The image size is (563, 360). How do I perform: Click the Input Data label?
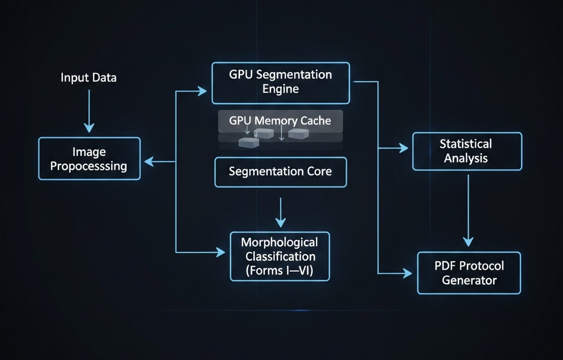tap(88, 78)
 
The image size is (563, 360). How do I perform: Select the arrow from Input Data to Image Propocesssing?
tap(88, 110)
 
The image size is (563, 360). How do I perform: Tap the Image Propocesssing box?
tap(89, 158)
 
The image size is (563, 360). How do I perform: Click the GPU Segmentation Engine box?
tap(281, 83)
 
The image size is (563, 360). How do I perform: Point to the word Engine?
tap(281, 89)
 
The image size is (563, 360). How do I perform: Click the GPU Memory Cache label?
tap(281, 120)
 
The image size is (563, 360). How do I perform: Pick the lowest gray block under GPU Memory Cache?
tap(248, 142)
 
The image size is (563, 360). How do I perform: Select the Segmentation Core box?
tap(281, 171)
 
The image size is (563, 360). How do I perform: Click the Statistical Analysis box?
tap(467, 151)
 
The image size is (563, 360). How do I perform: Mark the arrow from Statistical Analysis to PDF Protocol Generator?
tap(468, 209)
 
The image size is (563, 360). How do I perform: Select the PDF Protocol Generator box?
tap(469, 273)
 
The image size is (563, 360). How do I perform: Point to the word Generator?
tap(469, 280)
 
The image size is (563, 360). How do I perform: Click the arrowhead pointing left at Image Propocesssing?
tap(148, 162)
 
